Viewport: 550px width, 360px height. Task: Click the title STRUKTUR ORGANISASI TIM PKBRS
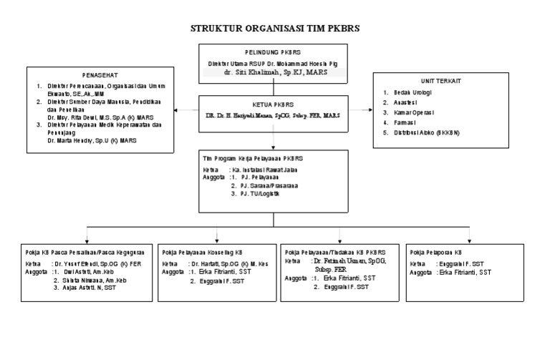click(274, 29)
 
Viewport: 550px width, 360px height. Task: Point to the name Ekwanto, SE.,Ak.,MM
click(77, 92)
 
